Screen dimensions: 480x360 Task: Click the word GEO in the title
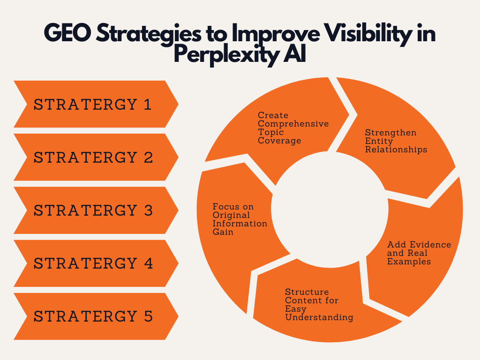click(67, 33)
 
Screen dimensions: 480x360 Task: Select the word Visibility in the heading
click(368, 34)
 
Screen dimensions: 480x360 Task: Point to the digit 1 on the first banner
click(148, 105)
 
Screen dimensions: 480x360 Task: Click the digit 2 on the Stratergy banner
click(148, 157)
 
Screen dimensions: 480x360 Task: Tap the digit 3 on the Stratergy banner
click(148, 210)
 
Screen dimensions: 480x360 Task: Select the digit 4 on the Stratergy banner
click(148, 263)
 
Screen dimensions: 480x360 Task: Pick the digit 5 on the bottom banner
click(148, 316)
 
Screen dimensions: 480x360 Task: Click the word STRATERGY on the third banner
click(85, 210)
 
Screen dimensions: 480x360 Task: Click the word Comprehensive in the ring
click(293, 124)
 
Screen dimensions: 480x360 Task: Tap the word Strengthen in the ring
click(390, 133)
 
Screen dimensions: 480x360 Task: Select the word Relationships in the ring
click(396, 150)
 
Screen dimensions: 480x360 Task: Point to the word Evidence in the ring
click(430, 245)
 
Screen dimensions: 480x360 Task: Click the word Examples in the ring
click(409, 262)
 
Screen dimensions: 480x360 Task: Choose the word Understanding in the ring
click(319, 317)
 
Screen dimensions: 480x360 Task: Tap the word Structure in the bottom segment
click(307, 292)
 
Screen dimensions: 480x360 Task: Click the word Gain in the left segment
click(223, 232)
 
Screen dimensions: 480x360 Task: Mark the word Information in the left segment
click(240, 224)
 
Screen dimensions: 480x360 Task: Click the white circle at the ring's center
click(330, 210)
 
